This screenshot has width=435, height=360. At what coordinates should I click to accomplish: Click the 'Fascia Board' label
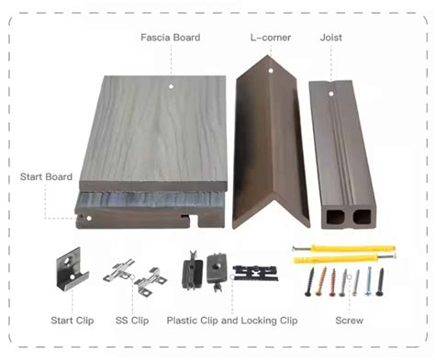coord(171,38)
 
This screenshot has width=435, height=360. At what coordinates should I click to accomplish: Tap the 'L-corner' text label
coord(271,38)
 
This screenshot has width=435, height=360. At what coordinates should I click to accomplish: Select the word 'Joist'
coord(331,38)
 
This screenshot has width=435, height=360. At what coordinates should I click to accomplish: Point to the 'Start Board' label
coord(46,176)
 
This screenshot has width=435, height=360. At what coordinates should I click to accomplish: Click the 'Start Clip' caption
coord(72,321)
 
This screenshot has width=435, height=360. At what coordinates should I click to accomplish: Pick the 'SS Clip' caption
coord(132,321)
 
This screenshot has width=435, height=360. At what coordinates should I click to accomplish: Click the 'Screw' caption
coord(350,321)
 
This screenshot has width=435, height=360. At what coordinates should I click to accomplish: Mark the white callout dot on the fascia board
coord(171,86)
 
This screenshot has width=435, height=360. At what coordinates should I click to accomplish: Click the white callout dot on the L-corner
coord(271,71)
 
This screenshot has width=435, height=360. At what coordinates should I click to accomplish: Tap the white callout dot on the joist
coord(330,94)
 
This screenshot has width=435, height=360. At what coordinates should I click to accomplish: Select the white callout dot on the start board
coord(89,219)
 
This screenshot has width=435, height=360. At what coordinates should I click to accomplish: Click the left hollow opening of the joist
coord(335,217)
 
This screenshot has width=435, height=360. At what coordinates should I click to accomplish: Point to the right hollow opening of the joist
coord(362,217)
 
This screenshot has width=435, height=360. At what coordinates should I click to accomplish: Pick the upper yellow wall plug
coord(344,248)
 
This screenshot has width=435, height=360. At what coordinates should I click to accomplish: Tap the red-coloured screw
coord(333,282)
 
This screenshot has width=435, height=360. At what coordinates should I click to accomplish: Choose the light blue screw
coord(368,281)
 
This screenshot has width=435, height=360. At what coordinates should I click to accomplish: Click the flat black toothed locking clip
coord(256,273)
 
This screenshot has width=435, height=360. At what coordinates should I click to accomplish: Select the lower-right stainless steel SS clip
coord(151,282)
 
